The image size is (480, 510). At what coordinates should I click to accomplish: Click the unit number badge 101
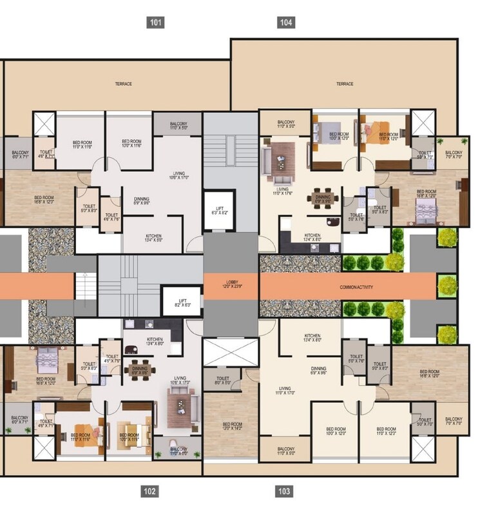(x=155, y=23)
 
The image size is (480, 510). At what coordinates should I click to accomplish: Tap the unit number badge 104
(x=286, y=23)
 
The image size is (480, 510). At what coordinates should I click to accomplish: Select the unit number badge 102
(x=149, y=491)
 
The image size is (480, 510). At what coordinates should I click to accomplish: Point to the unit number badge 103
(x=284, y=491)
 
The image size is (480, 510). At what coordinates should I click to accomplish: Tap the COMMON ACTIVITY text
(x=356, y=287)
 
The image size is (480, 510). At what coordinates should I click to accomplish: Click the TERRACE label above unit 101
(x=123, y=84)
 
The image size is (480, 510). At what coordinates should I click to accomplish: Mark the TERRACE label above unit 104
(x=345, y=84)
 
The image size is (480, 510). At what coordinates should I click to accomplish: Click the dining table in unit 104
(x=323, y=197)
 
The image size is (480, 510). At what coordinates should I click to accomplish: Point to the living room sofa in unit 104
(x=282, y=157)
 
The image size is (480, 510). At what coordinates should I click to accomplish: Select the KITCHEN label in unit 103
(x=312, y=337)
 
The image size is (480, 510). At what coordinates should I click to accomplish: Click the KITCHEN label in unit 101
(x=153, y=238)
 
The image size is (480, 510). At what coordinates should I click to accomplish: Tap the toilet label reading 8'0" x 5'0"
(x=223, y=381)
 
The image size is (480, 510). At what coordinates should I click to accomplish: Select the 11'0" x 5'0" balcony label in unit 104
(x=285, y=124)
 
